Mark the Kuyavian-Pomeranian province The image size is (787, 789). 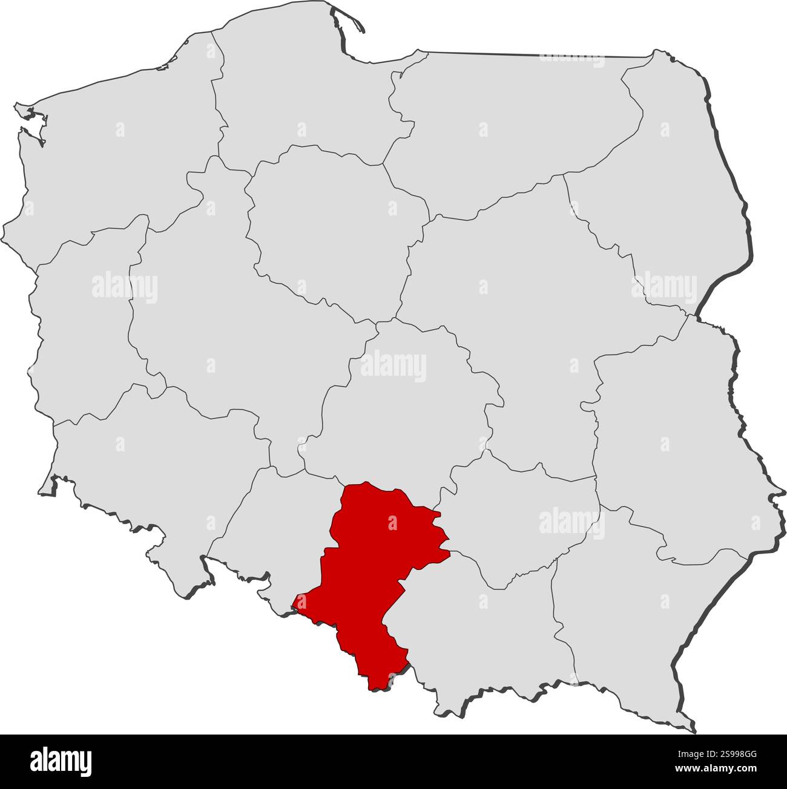coord(327,224)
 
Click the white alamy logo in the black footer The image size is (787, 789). coord(61,761)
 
